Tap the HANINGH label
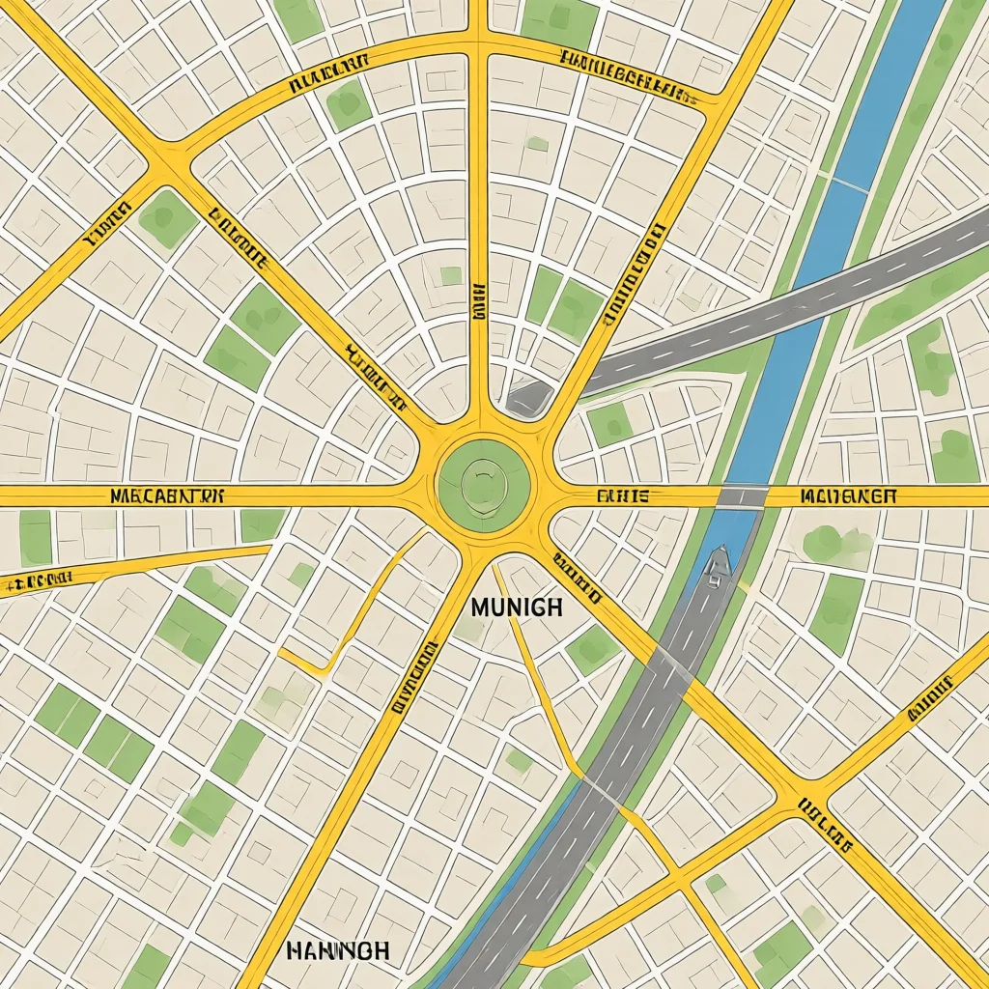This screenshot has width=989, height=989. [338, 950]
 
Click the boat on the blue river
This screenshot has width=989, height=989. [715, 568]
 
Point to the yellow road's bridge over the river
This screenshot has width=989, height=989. [743, 496]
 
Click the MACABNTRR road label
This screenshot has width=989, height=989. [167, 496]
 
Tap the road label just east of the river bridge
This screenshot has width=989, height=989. [849, 496]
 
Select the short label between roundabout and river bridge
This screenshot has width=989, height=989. [623, 496]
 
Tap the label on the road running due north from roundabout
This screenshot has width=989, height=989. [478, 301]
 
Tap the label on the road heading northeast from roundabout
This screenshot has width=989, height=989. [633, 275]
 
